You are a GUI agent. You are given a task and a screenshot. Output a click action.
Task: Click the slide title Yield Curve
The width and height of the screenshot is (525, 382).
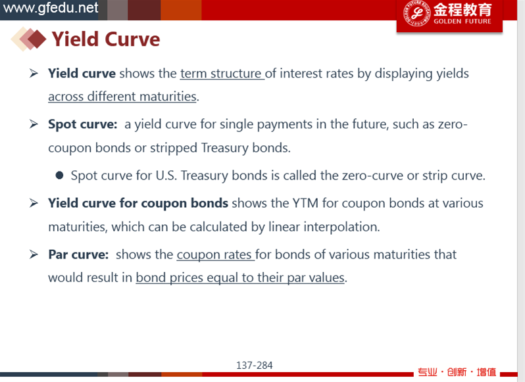pyautogui.click(x=106, y=39)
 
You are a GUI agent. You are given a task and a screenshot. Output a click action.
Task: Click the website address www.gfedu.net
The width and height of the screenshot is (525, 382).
pyautogui.click(x=51, y=8)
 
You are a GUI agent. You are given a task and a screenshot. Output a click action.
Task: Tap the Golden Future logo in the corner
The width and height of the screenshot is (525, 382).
pyautogui.click(x=449, y=14)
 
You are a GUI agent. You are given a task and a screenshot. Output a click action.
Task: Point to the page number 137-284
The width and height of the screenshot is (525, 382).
pyautogui.click(x=255, y=366)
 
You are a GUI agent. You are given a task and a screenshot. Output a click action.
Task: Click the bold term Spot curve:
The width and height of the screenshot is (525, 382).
pyautogui.click(x=83, y=124)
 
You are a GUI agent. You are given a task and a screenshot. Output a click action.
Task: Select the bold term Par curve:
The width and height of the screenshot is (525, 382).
pyautogui.click(x=78, y=254)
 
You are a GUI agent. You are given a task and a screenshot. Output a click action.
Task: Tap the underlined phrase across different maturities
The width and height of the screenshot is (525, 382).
pyautogui.click(x=122, y=97)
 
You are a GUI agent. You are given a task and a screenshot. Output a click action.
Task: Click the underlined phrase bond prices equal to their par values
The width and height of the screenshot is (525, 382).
pyautogui.click(x=240, y=277)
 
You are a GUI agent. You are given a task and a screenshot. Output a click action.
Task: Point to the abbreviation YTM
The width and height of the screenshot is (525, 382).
pyautogui.click(x=305, y=203)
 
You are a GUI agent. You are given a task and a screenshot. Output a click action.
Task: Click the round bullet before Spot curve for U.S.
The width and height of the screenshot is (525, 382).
pyautogui.click(x=60, y=176)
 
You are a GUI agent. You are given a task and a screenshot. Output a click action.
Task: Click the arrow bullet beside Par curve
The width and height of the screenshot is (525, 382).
pyautogui.click(x=34, y=254)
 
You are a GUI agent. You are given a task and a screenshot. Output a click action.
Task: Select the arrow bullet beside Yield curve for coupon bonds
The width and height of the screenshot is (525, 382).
pyautogui.click(x=34, y=203)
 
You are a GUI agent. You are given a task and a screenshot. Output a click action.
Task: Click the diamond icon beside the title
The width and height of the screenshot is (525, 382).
pyautogui.click(x=28, y=39)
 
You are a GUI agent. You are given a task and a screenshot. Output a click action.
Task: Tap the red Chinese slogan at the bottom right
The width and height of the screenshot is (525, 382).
pyautogui.click(x=457, y=372)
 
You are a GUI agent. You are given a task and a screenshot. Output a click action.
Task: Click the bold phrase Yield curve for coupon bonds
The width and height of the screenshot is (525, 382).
pyautogui.click(x=138, y=203)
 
